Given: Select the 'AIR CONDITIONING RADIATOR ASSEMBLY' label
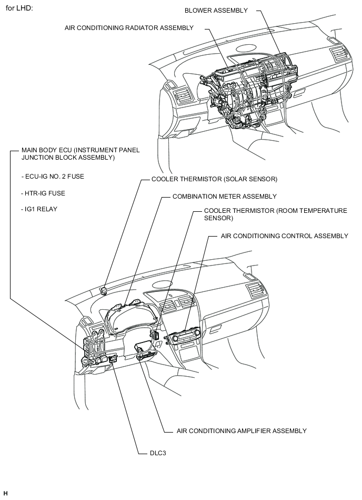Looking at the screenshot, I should [129, 27].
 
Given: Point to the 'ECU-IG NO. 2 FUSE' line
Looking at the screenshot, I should [53, 177].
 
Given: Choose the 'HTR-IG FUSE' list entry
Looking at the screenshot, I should [43, 193].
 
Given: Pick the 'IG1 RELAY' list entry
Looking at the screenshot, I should [39, 209].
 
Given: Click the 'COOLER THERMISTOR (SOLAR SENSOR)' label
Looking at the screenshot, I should [214, 179].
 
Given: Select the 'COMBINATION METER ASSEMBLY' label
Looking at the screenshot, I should [224, 197].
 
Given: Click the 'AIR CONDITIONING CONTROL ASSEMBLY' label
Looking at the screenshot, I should [285, 236].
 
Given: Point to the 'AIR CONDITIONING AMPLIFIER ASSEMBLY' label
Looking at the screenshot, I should [242, 431].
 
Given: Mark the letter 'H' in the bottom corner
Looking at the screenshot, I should [5, 493].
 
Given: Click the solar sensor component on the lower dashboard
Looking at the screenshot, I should [104, 289].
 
